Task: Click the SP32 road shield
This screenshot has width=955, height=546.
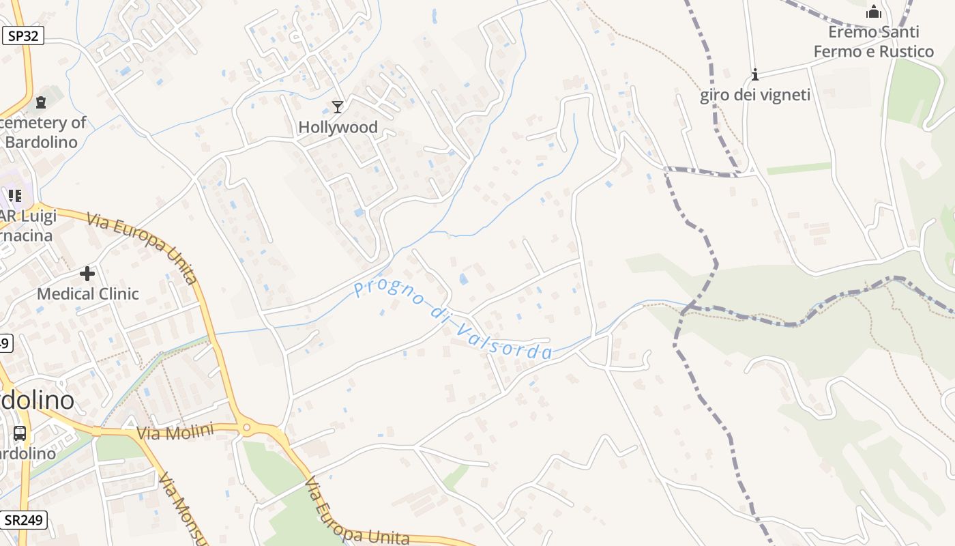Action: pyautogui.click(x=23, y=36)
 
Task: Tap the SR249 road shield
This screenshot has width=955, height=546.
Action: pyautogui.click(x=23, y=520)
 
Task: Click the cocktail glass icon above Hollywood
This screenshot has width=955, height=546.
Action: pyautogui.click(x=337, y=106)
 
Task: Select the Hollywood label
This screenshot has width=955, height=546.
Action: pyautogui.click(x=338, y=127)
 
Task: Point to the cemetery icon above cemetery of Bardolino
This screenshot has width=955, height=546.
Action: pyautogui.click(x=41, y=103)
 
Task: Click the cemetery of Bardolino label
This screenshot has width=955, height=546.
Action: pyautogui.click(x=42, y=132)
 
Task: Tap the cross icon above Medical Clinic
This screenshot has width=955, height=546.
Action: pyautogui.click(x=87, y=274)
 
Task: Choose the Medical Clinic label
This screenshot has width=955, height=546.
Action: pyautogui.click(x=87, y=294)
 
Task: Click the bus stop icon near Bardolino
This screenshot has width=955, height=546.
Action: pyautogui.click(x=20, y=433)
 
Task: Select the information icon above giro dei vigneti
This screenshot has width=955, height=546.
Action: pyautogui.click(x=755, y=74)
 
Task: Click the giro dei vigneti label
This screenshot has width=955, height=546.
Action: pyautogui.click(x=755, y=95)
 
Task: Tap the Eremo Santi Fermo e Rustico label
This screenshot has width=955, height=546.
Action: pyautogui.click(x=873, y=42)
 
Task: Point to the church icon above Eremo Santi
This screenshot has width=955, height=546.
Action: pyautogui.click(x=873, y=12)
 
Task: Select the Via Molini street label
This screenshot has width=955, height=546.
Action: pyautogui.click(x=175, y=431)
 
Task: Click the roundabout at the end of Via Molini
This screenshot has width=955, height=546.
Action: pyautogui.click(x=247, y=428)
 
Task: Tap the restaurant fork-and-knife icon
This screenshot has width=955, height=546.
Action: pyautogui.click(x=15, y=197)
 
